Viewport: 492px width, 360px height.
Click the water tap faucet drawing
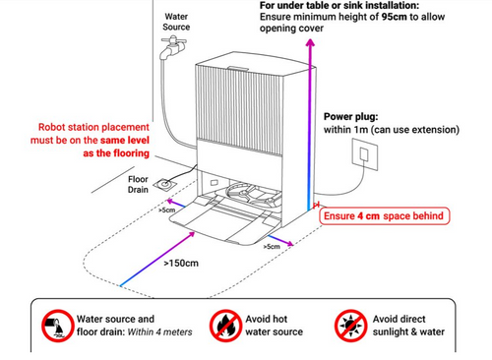(x=173, y=48)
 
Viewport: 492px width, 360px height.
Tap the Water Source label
(x=176, y=22)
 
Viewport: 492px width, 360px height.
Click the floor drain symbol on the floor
(x=165, y=184)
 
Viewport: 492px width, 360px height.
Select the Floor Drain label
(x=138, y=184)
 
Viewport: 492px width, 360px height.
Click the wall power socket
(x=365, y=154)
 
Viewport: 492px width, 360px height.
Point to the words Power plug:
(x=350, y=117)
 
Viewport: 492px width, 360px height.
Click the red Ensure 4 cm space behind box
(x=384, y=216)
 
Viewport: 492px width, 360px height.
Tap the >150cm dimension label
(x=181, y=264)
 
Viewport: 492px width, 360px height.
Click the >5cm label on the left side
(x=167, y=210)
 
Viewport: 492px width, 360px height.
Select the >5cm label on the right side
(x=272, y=246)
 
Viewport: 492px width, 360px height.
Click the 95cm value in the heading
(x=394, y=17)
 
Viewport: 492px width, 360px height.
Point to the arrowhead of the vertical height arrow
(x=310, y=42)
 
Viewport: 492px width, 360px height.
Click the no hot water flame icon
(x=225, y=326)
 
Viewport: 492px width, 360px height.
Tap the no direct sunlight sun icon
(x=350, y=326)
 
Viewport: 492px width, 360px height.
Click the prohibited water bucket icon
(x=57, y=326)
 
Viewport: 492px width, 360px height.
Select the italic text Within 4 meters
(x=159, y=332)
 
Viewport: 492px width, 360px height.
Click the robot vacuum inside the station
(x=254, y=196)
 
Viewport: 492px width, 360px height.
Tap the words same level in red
(x=125, y=141)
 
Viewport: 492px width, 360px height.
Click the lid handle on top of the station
(x=238, y=69)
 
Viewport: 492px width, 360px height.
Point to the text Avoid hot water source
(x=275, y=326)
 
